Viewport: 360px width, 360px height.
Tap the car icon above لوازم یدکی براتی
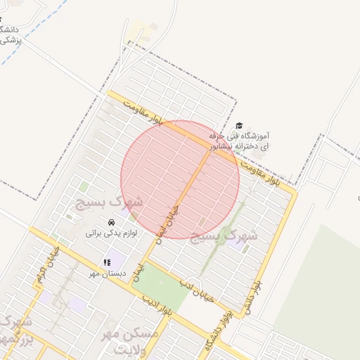pyautogui.click(x=111, y=222)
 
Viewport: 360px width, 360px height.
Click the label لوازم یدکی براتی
pyautogui.click(x=112, y=233)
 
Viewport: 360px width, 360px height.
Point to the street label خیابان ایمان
pyautogui.click(x=169, y=221)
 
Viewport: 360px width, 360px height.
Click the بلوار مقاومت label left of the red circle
pyautogui.click(x=144, y=113)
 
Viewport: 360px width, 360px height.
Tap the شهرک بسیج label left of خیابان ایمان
pyautogui.click(x=105, y=204)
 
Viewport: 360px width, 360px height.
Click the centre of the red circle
pyautogui.click(x=181, y=179)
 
